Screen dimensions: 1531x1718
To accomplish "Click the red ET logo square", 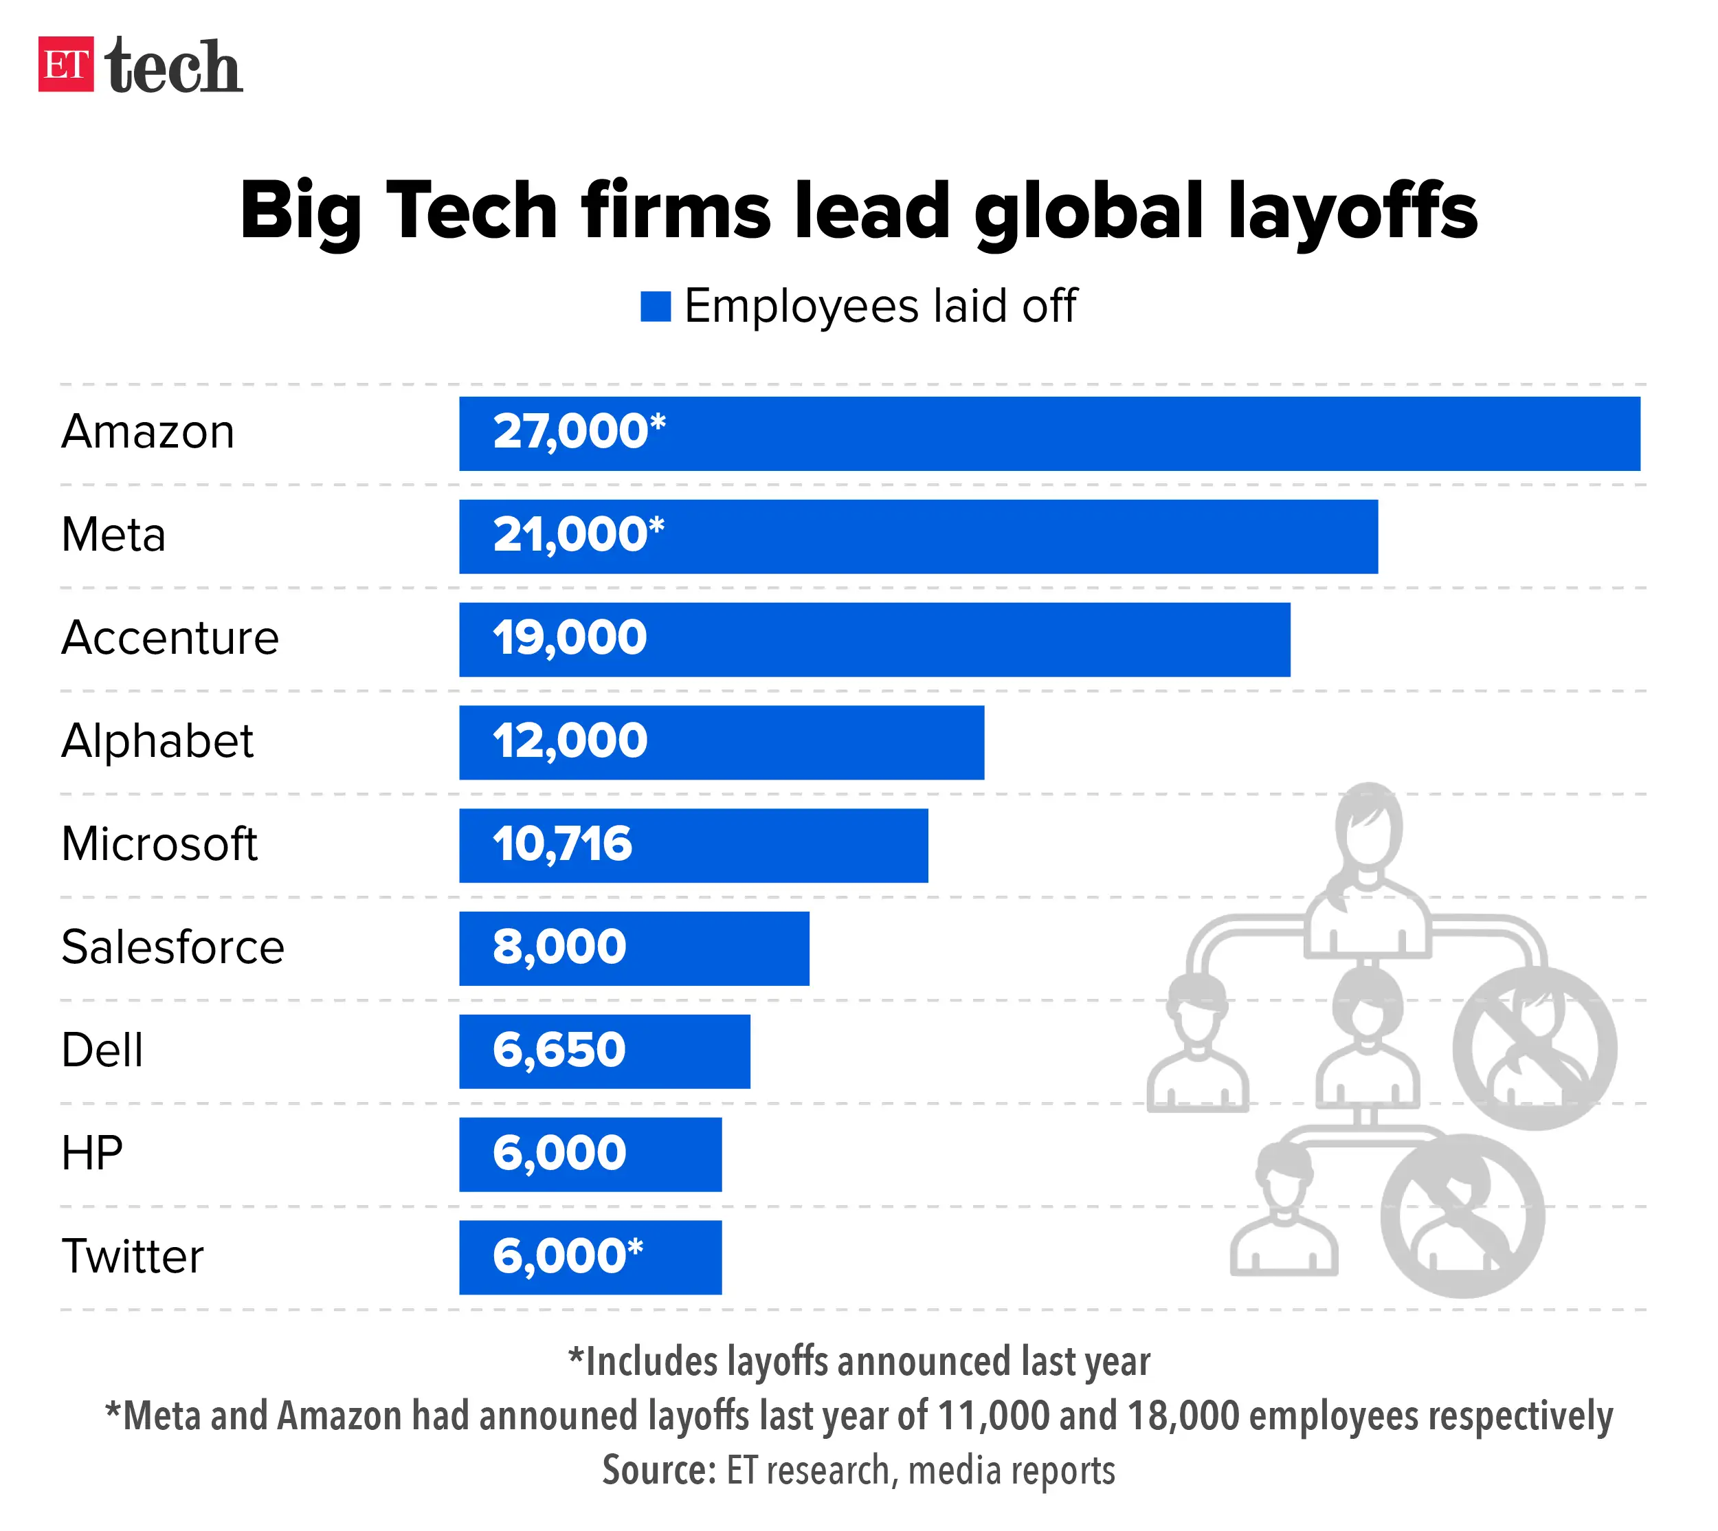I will click(65, 64).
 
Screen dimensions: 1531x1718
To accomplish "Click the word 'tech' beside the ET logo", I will click(174, 67).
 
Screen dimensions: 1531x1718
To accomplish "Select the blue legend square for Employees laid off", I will click(655, 306).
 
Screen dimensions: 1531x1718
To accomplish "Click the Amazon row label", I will click(148, 432).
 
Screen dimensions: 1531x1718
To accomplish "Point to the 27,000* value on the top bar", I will click(579, 432).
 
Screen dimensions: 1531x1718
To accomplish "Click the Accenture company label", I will click(170, 638).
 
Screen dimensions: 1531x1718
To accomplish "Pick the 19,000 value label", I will click(569, 638).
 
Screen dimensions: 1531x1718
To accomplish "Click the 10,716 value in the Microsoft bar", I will click(561, 844).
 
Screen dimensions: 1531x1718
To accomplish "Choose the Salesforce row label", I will click(172, 947).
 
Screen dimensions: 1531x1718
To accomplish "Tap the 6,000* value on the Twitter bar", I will click(568, 1256).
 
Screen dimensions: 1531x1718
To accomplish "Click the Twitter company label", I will click(132, 1257).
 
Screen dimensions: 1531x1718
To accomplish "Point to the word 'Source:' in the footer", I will click(658, 1471).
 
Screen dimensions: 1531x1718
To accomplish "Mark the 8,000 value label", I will click(559, 947).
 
